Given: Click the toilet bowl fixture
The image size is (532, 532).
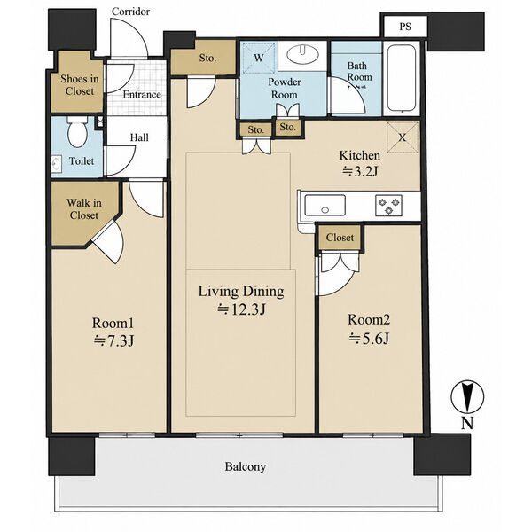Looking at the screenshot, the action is [77, 131].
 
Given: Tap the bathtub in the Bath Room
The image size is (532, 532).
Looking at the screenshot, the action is [402, 79].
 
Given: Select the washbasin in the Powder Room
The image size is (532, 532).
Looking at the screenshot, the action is [302, 54].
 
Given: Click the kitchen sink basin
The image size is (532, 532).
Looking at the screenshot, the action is [325, 206].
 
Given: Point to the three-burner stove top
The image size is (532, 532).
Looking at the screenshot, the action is [388, 206].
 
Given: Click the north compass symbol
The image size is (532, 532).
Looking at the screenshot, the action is [467, 397].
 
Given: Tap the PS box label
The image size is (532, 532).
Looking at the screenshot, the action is [405, 27].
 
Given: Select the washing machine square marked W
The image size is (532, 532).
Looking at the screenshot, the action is [259, 58].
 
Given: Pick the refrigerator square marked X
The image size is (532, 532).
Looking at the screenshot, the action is [403, 137].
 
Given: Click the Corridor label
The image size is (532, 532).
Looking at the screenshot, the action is [130, 12].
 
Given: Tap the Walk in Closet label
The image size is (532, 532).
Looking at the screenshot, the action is [84, 209].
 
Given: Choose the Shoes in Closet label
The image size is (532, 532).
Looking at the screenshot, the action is [80, 85].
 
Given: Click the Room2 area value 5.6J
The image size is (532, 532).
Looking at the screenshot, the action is [369, 339].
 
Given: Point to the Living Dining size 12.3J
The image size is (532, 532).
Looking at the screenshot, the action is [241, 309].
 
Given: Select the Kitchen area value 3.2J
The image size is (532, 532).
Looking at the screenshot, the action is [360, 171].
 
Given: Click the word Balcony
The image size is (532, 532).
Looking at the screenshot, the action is [246, 467].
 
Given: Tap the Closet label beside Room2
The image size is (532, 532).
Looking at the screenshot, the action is [340, 237].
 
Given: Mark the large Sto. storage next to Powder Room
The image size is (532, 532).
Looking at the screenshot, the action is [203, 58].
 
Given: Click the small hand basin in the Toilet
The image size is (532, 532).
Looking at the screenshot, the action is [56, 165].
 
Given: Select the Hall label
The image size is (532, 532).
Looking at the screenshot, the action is [139, 137].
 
